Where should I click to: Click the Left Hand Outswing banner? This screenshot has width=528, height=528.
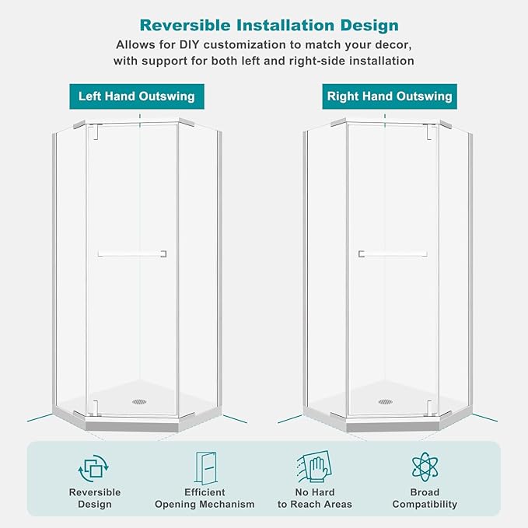(x=137, y=96)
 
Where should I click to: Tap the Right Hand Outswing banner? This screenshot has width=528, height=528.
(x=390, y=96)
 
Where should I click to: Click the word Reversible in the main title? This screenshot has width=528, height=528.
(x=185, y=25)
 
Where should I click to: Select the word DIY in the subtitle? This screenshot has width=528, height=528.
(x=190, y=44)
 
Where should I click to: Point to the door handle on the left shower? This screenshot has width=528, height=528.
(x=132, y=254)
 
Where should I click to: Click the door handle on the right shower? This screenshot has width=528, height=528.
(x=393, y=254)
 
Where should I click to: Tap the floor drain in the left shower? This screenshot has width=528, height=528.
(x=139, y=401)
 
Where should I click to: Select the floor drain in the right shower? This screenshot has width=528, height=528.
(x=386, y=401)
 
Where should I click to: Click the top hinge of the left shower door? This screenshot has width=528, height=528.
(x=95, y=131)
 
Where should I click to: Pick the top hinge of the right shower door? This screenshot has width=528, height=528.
(x=430, y=131)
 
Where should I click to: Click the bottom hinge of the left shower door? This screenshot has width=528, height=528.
(x=95, y=408)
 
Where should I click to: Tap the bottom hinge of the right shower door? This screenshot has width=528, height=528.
(x=429, y=408)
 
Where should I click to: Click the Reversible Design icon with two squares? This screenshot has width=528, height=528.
(x=93, y=468)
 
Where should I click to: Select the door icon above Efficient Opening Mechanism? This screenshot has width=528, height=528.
(x=206, y=467)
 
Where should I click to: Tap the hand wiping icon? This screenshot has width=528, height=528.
(x=314, y=467)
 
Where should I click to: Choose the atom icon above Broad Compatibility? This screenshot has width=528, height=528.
(x=425, y=467)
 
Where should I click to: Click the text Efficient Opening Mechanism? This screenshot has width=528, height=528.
(x=205, y=498)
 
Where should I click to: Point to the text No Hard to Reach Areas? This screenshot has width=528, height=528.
(x=315, y=498)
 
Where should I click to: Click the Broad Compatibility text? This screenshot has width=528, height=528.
(x=425, y=498)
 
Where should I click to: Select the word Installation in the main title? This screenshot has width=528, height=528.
(x=285, y=25)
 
